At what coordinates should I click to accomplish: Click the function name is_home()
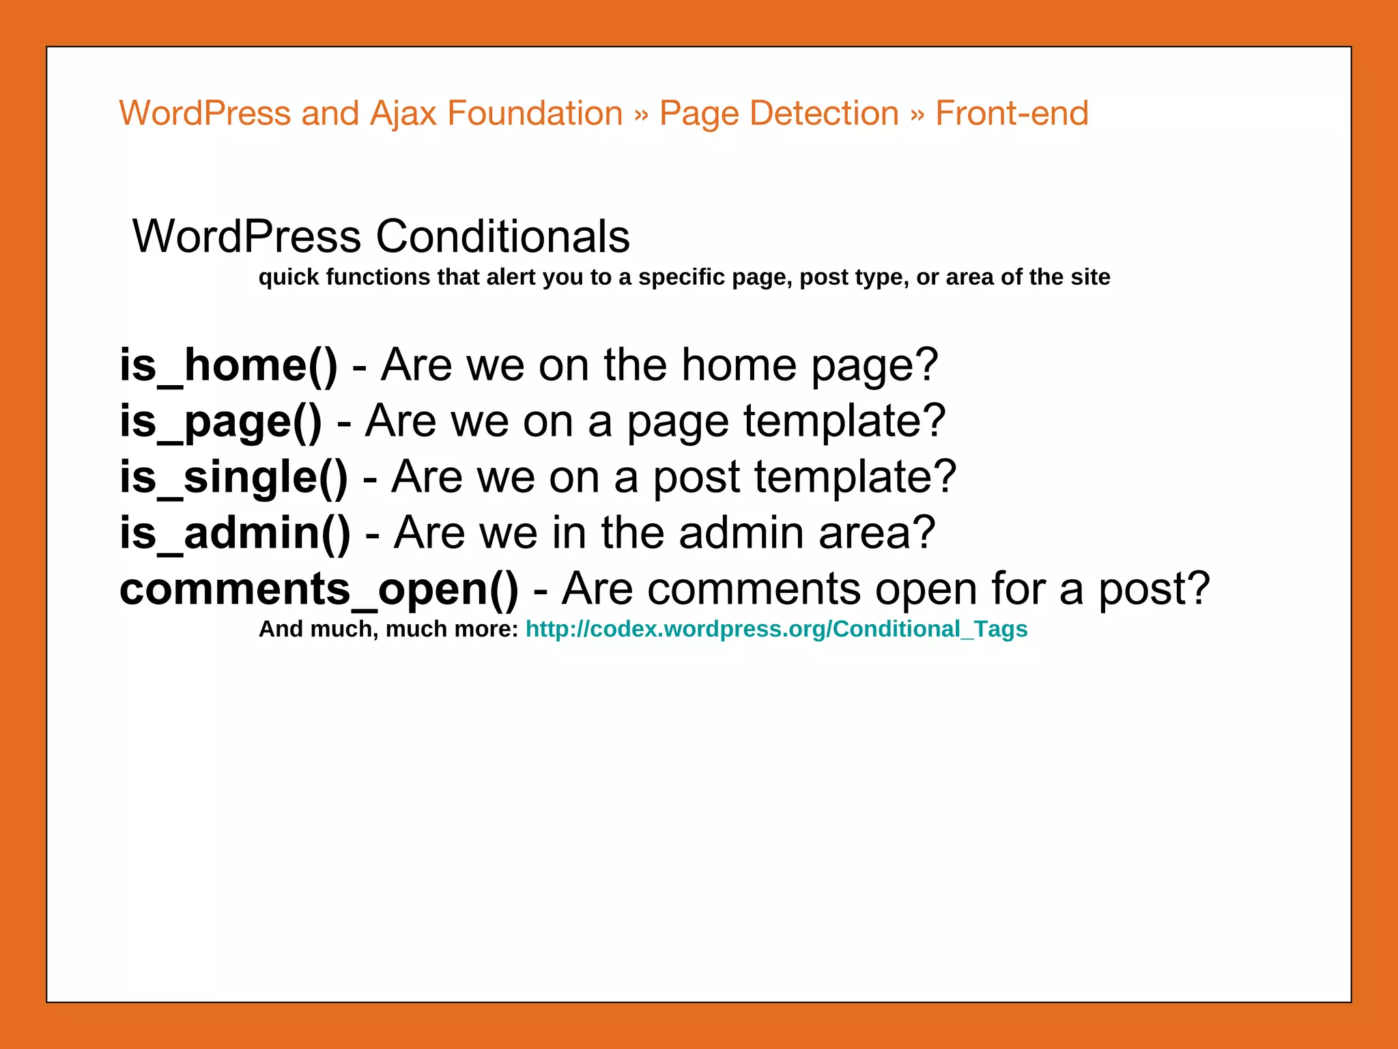[228, 365]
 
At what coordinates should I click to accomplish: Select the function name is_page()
[220, 421]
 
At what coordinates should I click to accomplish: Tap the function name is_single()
[233, 477]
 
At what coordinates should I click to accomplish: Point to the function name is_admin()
[235, 533]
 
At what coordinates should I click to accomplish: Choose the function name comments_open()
[319, 589]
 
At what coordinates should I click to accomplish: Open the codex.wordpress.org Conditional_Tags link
[776, 629]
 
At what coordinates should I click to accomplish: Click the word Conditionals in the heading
[502, 237]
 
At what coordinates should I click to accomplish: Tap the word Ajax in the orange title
[403, 113]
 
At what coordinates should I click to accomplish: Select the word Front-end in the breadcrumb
[1012, 113]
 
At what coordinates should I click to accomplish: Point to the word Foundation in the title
[534, 113]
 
